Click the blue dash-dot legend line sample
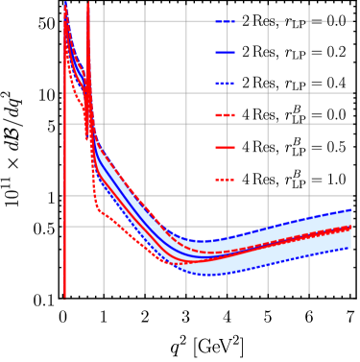point(226,21)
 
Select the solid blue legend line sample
point(226,53)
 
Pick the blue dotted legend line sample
point(226,84)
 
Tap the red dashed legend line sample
point(226,115)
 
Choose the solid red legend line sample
point(226,147)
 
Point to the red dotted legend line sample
point(226,180)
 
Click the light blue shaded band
point(288,245)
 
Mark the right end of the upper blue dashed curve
point(351,209)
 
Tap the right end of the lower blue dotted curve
point(351,248)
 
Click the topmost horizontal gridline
point(144,20)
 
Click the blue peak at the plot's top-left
point(65,5)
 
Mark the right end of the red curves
point(351,228)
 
